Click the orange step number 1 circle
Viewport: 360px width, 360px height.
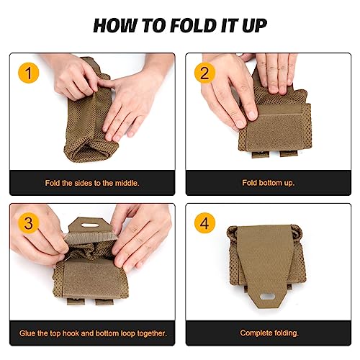[27, 73]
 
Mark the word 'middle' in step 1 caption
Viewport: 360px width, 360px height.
[125, 183]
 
